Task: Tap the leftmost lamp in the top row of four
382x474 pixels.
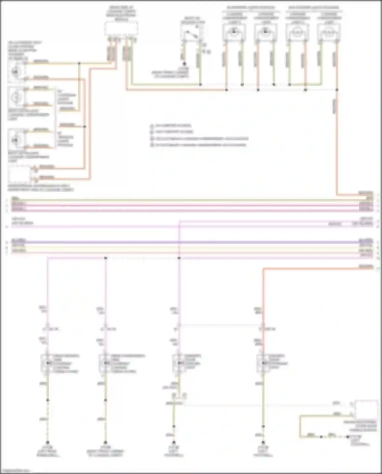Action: coord(234,32)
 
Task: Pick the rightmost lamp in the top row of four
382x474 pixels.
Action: coord(329,32)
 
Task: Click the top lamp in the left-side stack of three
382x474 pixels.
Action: coord(16,72)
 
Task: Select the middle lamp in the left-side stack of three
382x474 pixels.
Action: coord(16,97)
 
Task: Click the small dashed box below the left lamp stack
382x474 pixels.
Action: coord(19,174)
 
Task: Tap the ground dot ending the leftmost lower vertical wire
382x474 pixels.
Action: coord(47,443)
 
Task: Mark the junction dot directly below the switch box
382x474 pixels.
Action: coord(184,64)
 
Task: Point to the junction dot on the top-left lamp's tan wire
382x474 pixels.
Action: coord(79,63)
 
